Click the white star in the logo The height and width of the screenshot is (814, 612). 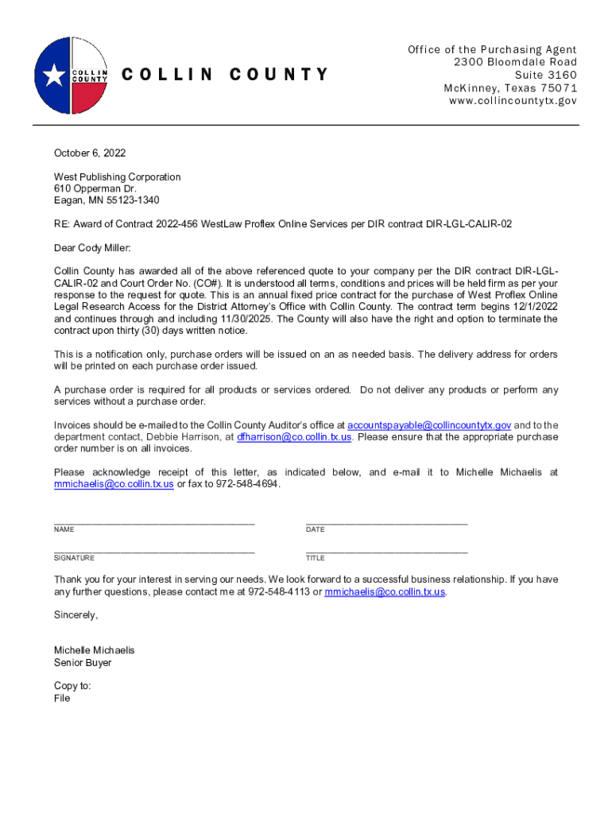pos(54,76)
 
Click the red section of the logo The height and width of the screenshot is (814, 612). pos(89,99)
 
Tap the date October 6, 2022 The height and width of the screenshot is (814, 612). pos(90,153)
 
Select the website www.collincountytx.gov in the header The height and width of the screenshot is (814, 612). pos(513,101)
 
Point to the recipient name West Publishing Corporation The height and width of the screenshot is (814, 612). pos(118,176)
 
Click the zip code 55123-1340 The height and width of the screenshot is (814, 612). pos(132,200)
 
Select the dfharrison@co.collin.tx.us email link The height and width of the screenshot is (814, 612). pos(294,437)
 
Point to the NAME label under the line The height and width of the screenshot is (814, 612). pos(64,529)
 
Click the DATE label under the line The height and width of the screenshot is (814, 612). pos(316,529)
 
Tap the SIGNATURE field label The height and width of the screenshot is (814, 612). pos(74,558)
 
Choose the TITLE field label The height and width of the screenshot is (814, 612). pos(316,558)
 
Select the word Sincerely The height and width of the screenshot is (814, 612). pos(76,615)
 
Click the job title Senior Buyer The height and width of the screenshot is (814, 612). pos(83,663)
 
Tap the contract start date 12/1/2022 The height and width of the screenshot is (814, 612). pos(534,307)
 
